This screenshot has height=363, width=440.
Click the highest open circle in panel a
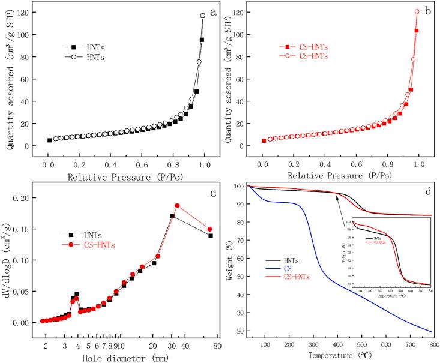[x=203, y=16]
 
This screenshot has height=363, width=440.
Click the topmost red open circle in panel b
[x=417, y=11]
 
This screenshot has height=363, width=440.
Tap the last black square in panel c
[x=211, y=236]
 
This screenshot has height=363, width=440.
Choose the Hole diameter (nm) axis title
[x=125, y=358]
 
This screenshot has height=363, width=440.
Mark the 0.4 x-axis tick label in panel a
[x=110, y=163]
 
